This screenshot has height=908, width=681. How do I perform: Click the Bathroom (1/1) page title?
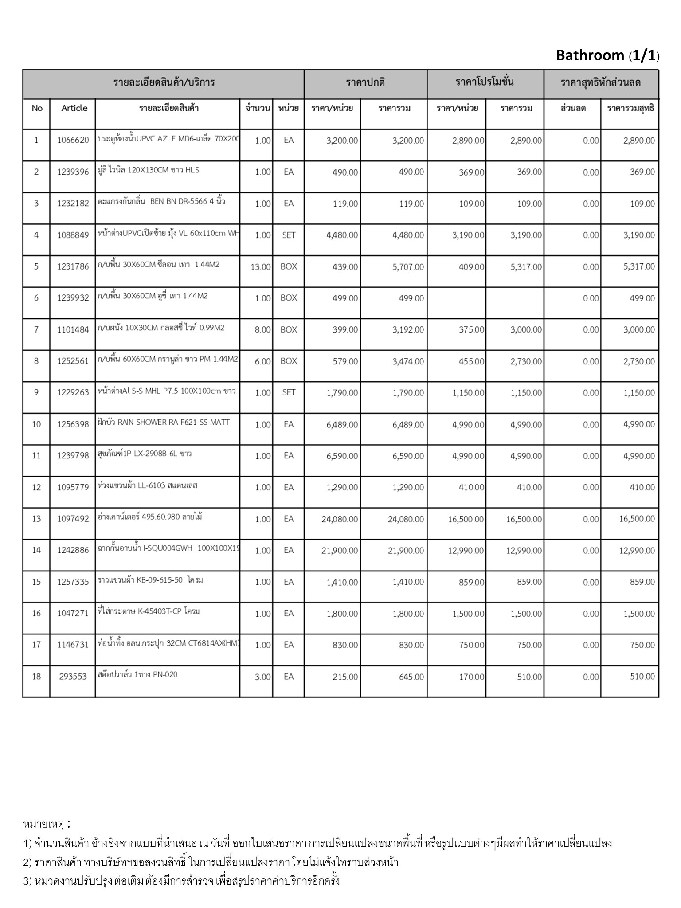[x=607, y=55]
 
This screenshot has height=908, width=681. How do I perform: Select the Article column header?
[x=74, y=108]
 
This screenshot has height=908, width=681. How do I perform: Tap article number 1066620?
[x=73, y=141]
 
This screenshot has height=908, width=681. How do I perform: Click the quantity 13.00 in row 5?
[x=261, y=267]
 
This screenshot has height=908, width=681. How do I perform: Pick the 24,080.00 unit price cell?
[x=340, y=519]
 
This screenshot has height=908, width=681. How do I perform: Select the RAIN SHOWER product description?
[x=164, y=422]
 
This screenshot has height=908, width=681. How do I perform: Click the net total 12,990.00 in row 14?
[x=637, y=551]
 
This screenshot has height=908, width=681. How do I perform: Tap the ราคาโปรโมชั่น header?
[x=485, y=82]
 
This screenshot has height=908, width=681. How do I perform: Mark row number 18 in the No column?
[x=36, y=677]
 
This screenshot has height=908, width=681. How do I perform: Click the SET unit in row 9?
[x=289, y=393]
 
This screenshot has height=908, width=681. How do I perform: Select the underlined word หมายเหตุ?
[x=43, y=824]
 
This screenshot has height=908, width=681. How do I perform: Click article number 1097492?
[x=73, y=519]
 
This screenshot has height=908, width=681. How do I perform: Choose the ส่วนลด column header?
[x=573, y=108]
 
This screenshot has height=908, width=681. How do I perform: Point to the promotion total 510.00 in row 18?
[x=529, y=677]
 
